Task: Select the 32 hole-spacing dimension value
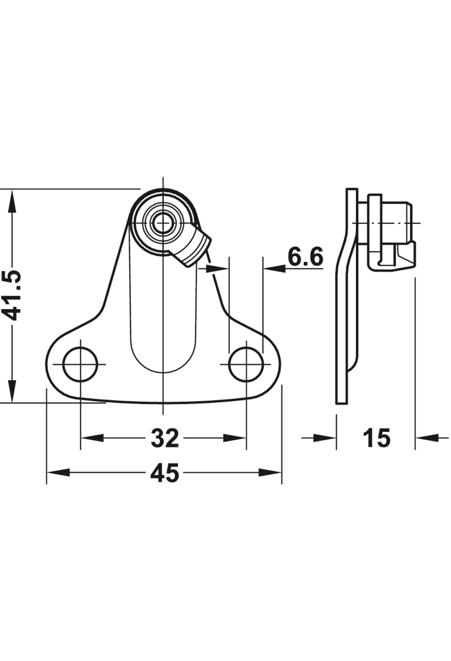pos(165,438)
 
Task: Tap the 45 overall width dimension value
pos(165,473)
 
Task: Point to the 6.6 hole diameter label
pos(305,257)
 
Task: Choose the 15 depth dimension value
pos(377,438)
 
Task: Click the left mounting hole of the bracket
pos(80,364)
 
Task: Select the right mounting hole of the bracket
pos(246,364)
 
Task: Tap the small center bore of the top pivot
pos(163,222)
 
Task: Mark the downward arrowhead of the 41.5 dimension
pos(12,391)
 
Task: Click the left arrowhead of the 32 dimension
pos(92,438)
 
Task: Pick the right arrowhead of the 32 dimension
pos(235,438)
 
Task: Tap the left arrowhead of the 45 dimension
pos(59,473)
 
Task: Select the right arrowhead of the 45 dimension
pos(270,473)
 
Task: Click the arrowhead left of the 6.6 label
pos(275,268)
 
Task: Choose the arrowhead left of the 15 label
pos(324,438)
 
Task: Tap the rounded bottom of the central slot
pos(163,357)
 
